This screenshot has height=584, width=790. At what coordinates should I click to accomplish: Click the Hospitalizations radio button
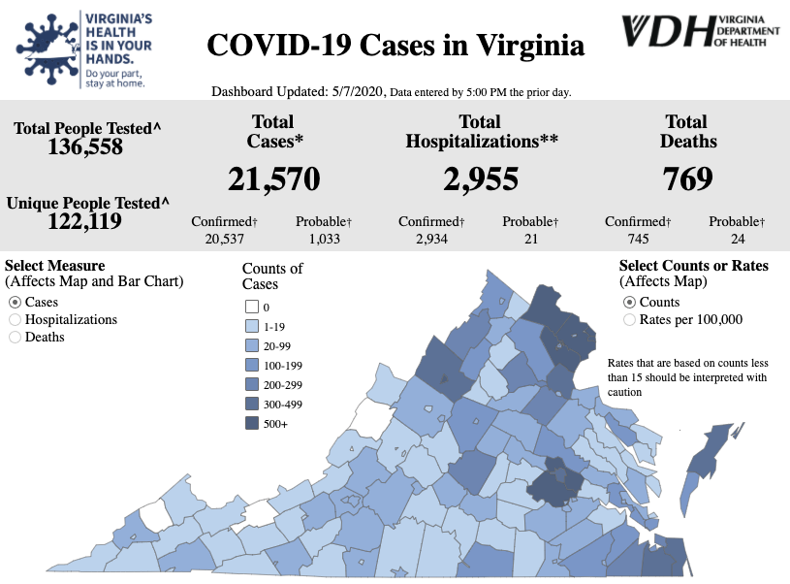pyautogui.click(x=15, y=319)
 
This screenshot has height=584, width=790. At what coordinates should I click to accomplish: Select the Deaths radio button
pyautogui.click(x=15, y=337)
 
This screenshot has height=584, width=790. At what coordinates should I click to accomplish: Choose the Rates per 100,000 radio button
pyautogui.click(x=629, y=319)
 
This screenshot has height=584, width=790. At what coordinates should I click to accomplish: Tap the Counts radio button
pyautogui.click(x=629, y=302)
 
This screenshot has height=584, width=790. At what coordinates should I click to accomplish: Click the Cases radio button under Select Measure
pyautogui.click(x=15, y=302)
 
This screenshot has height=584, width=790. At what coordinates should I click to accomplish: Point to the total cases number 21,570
pyautogui.click(x=273, y=178)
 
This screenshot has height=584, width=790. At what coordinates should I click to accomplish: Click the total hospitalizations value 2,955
pyautogui.click(x=481, y=178)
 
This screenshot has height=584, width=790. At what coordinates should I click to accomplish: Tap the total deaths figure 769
pyautogui.click(x=687, y=178)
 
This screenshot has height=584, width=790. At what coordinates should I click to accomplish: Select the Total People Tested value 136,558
pyautogui.click(x=85, y=146)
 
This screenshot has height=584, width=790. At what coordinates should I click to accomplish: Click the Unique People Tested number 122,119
pyautogui.click(x=85, y=221)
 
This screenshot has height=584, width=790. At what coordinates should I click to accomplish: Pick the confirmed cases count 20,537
pyautogui.click(x=223, y=239)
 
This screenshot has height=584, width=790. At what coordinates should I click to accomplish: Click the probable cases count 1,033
pyautogui.click(x=324, y=239)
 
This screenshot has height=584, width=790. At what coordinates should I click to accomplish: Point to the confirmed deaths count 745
pyautogui.click(x=638, y=239)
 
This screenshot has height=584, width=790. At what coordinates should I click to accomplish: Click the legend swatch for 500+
pyautogui.click(x=251, y=423)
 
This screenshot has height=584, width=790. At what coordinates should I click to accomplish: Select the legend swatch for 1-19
pyautogui.click(x=251, y=326)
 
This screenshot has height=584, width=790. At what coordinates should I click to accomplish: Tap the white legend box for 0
pyautogui.click(x=251, y=307)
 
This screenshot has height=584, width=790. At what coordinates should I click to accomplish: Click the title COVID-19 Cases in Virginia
pyautogui.click(x=395, y=46)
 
